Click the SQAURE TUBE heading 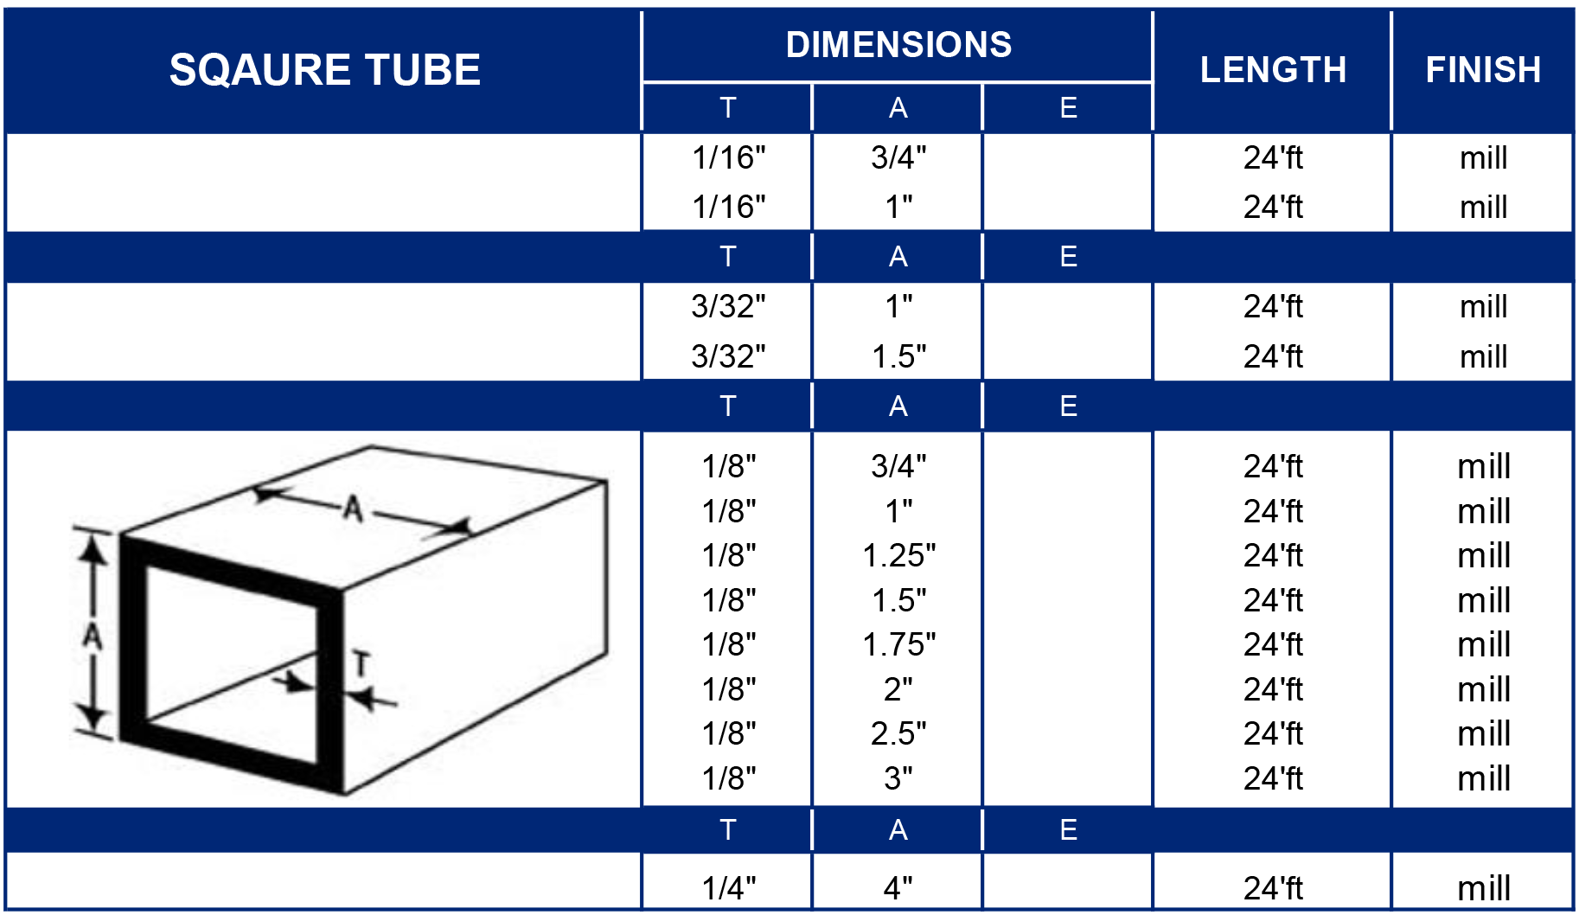324,70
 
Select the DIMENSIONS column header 898,45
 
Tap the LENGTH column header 1272,70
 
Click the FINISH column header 1482,70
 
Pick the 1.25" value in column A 898,555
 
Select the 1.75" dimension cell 898,644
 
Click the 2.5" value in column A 898,733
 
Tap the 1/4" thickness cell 728,887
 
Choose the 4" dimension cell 898,887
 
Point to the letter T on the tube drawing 361,664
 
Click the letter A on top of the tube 352,508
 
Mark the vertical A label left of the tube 93,637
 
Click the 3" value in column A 898,778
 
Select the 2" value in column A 898,689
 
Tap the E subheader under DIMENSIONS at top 1068,108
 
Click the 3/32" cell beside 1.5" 728,356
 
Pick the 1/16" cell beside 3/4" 728,157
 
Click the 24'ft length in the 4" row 1272,887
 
